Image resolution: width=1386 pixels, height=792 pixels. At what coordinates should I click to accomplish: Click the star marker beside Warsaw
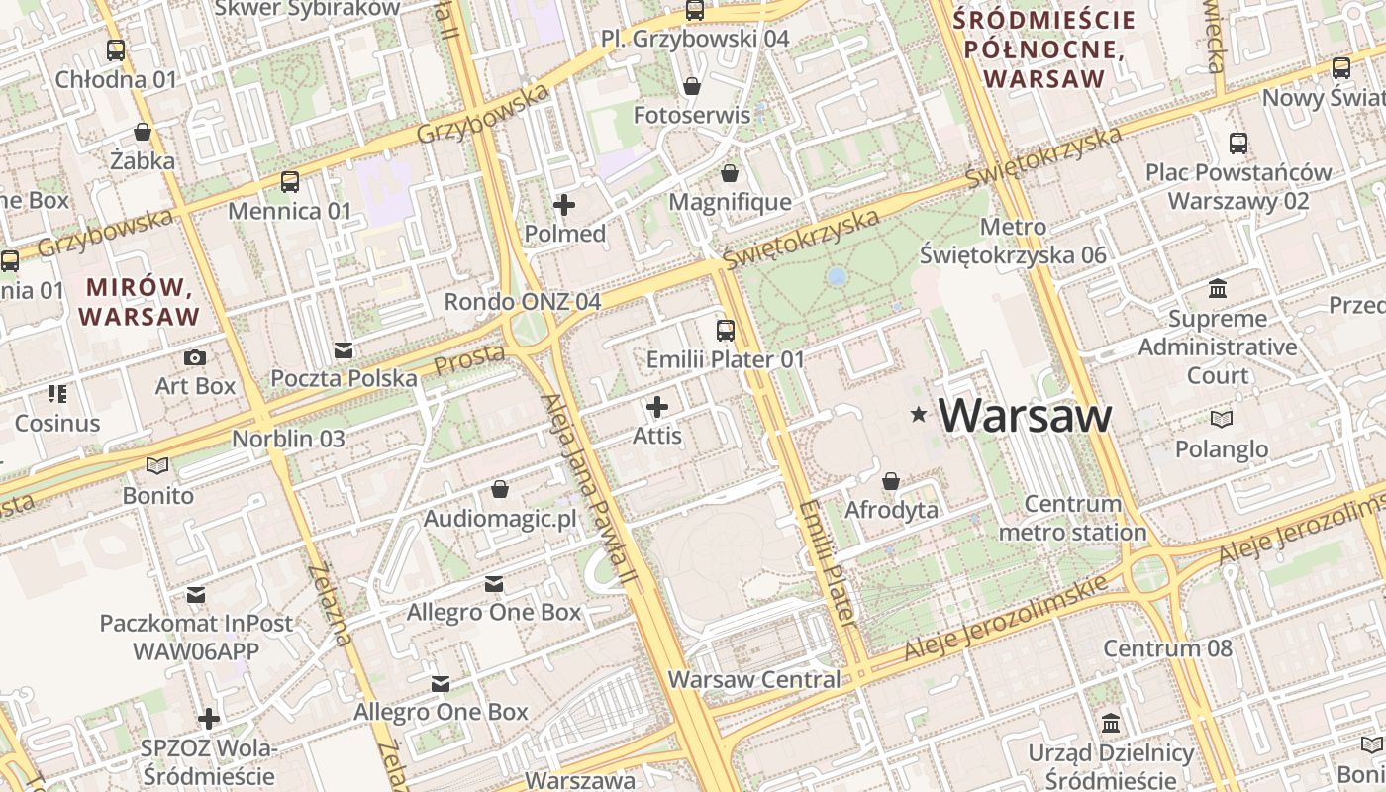920,415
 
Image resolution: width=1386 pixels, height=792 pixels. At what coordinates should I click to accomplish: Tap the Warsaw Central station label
754,680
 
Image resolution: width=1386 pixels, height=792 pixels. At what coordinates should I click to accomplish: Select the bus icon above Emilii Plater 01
726,331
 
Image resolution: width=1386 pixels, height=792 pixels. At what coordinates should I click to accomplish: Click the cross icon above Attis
657,407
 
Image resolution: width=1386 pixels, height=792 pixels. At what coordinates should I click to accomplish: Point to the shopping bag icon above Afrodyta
891,481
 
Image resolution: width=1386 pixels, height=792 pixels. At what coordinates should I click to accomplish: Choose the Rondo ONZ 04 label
522,301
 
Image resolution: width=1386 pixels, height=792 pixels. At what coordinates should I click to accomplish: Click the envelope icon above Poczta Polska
344,350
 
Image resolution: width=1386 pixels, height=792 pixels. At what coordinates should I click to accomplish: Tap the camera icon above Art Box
195,357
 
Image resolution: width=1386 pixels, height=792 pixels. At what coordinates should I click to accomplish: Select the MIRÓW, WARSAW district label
139,302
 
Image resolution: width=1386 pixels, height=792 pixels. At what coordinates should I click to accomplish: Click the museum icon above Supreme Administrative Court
1218,289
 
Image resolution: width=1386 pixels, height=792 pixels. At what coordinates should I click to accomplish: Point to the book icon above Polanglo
1222,420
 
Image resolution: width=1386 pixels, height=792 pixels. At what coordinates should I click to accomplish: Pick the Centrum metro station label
1072,518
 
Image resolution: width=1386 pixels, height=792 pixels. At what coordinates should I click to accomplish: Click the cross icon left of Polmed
564,205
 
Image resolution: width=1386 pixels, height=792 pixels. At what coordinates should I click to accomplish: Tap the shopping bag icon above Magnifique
730,174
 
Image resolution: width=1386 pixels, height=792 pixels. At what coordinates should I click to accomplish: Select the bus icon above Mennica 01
289,182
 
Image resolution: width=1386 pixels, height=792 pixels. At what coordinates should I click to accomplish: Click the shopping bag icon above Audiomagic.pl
500,490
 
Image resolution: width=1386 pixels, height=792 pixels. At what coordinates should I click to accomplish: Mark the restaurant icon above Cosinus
57,394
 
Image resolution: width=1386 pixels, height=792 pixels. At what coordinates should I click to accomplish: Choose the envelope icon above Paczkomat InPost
196,595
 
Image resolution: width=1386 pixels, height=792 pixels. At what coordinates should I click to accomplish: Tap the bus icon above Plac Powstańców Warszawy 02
1237,144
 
